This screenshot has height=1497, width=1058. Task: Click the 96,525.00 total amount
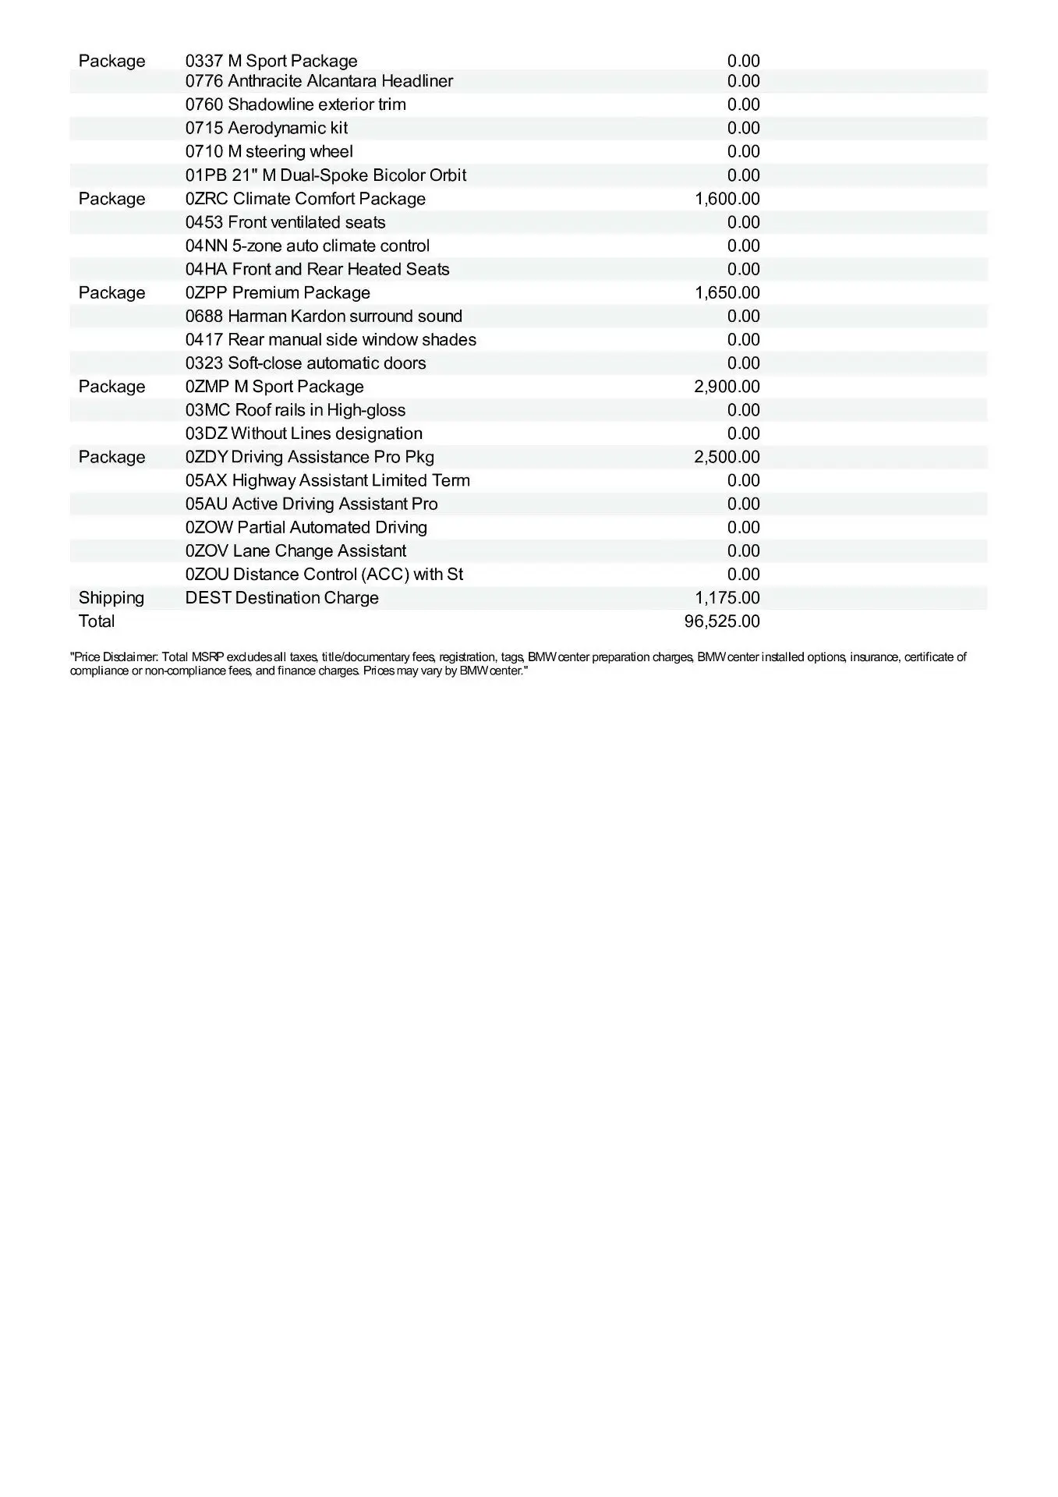pyautogui.click(x=727, y=621)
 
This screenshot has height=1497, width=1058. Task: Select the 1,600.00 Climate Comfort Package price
pyautogui.click(x=727, y=199)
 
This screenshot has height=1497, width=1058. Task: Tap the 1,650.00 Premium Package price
pyautogui.click(x=727, y=292)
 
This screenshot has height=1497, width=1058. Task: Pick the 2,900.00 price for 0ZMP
pyautogui.click(x=727, y=387)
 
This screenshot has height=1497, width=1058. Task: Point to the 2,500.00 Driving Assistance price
pyautogui.click(x=727, y=457)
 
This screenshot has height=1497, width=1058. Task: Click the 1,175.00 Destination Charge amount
pyautogui.click(x=727, y=598)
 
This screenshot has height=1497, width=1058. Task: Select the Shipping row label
pyautogui.click(x=111, y=598)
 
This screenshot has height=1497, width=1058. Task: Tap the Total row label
pyautogui.click(x=97, y=621)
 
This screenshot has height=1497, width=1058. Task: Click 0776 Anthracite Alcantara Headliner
pyautogui.click(x=319, y=81)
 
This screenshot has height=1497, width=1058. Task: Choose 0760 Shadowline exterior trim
pyautogui.click(x=295, y=104)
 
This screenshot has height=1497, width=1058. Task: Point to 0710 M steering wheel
pyautogui.click(x=269, y=151)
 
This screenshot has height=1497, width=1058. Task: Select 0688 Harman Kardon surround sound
pyautogui.click(x=324, y=316)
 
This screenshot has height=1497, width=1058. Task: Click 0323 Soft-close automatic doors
pyautogui.click(x=306, y=363)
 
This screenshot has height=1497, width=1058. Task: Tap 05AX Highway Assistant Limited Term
pyautogui.click(x=327, y=480)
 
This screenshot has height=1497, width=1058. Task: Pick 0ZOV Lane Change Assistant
pyautogui.click(x=295, y=551)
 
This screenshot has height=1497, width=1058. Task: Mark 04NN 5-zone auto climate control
pyautogui.click(x=307, y=246)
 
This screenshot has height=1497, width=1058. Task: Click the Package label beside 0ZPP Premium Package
pyautogui.click(x=111, y=292)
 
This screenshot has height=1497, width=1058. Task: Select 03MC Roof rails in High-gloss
pyautogui.click(x=295, y=410)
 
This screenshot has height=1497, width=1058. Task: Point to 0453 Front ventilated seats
pyautogui.click(x=285, y=222)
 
